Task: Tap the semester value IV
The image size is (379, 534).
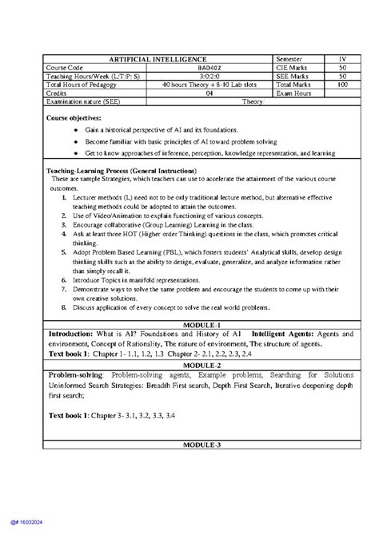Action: (341, 61)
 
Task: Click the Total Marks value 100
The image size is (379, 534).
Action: (341, 84)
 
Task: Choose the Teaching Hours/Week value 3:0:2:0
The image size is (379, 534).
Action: (186, 77)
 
